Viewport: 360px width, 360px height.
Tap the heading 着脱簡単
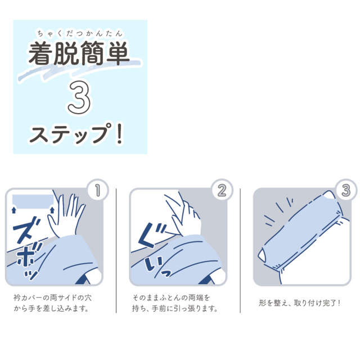pos(79,55)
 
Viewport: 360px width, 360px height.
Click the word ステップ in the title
pos(70,136)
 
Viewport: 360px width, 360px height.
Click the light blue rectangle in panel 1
pos(33,200)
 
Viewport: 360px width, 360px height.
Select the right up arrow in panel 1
pos(52,210)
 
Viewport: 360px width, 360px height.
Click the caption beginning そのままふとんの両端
pos(174,303)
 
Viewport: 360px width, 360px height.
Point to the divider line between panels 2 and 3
pos(241,250)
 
